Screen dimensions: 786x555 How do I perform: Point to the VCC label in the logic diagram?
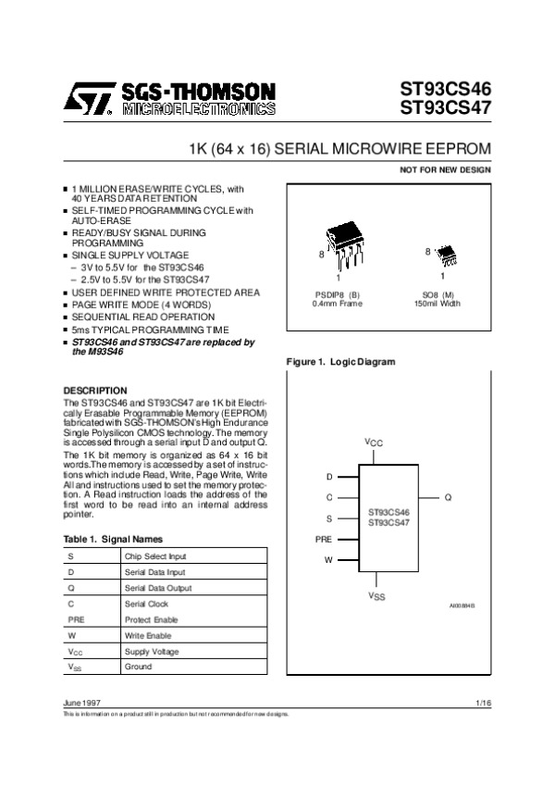[x=373, y=443]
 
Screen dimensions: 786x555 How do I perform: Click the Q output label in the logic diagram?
[x=448, y=497]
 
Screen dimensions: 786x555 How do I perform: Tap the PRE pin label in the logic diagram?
[x=323, y=539]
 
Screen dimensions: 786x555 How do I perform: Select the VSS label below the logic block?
[x=376, y=596]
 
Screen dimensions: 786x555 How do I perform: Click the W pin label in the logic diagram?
[x=327, y=560]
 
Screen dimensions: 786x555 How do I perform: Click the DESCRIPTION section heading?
[x=93, y=391]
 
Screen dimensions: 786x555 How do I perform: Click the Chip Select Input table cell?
[x=154, y=556]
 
